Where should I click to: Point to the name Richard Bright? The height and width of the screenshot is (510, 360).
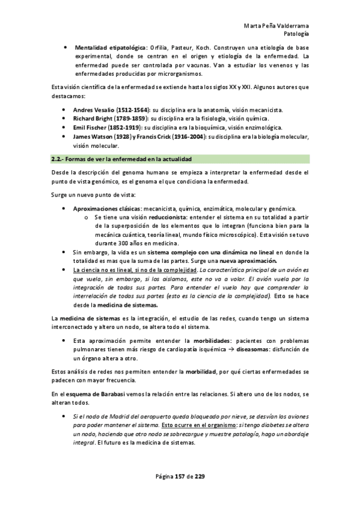click(93, 119)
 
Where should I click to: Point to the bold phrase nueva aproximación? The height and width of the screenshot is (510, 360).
click(248, 261)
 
